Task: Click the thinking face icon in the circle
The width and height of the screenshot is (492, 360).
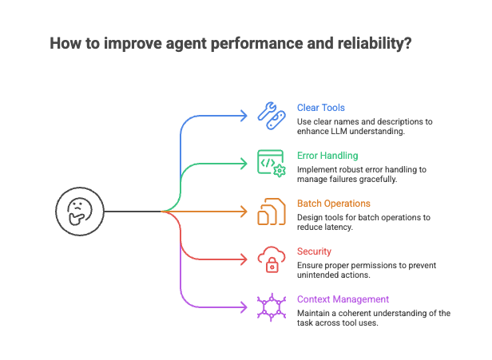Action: click(80, 212)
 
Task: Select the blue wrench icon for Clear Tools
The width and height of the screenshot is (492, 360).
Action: click(271, 115)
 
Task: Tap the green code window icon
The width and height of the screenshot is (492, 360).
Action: click(271, 163)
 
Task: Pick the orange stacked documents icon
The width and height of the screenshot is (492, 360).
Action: click(271, 212)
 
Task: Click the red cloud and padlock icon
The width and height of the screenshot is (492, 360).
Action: click(271, 259)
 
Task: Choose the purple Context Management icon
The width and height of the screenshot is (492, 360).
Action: click(271, 307)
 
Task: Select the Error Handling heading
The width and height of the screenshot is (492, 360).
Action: click(327, 156)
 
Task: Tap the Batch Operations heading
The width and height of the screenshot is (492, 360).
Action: click(333, 204)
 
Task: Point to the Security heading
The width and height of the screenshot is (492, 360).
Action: click(314, 251)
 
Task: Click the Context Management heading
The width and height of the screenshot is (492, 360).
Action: click(343, 299)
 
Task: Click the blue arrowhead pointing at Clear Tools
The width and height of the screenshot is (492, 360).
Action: click(245, 116)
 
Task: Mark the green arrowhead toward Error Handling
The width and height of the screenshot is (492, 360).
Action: click(245, 164)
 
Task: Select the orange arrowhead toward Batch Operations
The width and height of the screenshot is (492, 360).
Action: click(245, 212)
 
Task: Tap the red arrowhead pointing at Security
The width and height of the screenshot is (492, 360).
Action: click(245, 259)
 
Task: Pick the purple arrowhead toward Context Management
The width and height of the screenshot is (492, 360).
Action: click(245, 307)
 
